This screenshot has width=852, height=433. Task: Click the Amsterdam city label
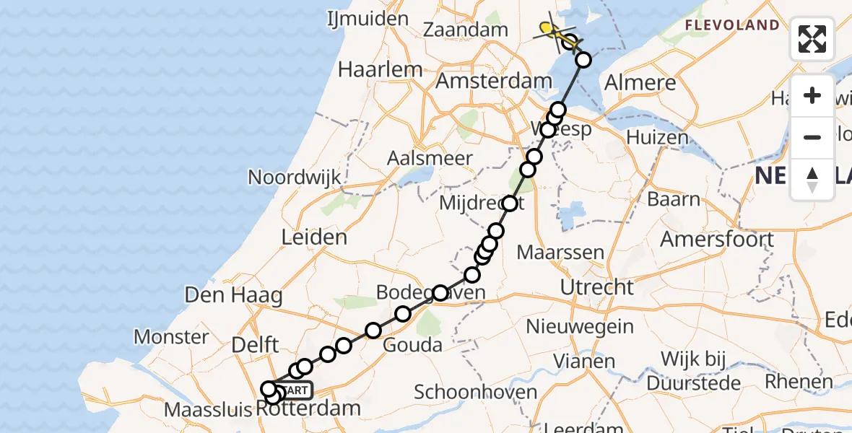pyautogui.click(x=488, y=81)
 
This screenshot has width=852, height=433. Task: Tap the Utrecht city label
pyautogui.click(x=598, y=288)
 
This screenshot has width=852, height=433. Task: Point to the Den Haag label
pyautogui.click(x=233, y=295)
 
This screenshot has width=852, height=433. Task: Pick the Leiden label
pyautogui.click(x=315, y=237)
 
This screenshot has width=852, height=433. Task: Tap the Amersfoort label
pyautogui.click(x=717, y=239)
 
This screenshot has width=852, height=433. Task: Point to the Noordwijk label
pyautogui.click(x=295, y=178)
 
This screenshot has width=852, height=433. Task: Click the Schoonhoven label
pyautogui.click(x=475, y=393)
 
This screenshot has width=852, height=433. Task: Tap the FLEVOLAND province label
pyautogui.click(x=732, y=26)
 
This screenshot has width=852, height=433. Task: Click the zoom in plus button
pyautogui.click(x=812, y=95)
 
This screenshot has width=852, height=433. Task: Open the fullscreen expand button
pyautogui.click(x=812, y=39)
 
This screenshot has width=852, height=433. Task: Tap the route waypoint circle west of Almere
pyautogui.click(x=583, y=60)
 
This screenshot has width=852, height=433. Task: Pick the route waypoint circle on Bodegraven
pyautogui.click(x=440, y=293)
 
